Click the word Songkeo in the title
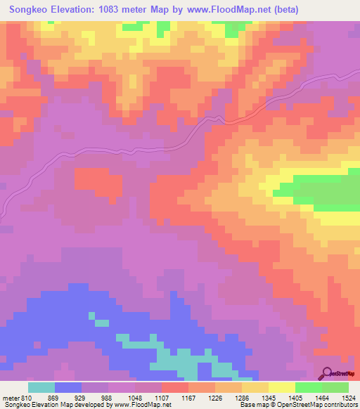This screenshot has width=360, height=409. pyautogui.click(x=34, y=10)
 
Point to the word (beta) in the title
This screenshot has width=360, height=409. pyautogui.click(x=285, y=10)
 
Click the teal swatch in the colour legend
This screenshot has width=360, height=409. pyautogui.click(x=41, y=387)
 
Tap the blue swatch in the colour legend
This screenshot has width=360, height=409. pyautogui.click(x=68, y=387)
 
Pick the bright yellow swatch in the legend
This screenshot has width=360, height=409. pyautogui.click(x=282, y=387)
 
